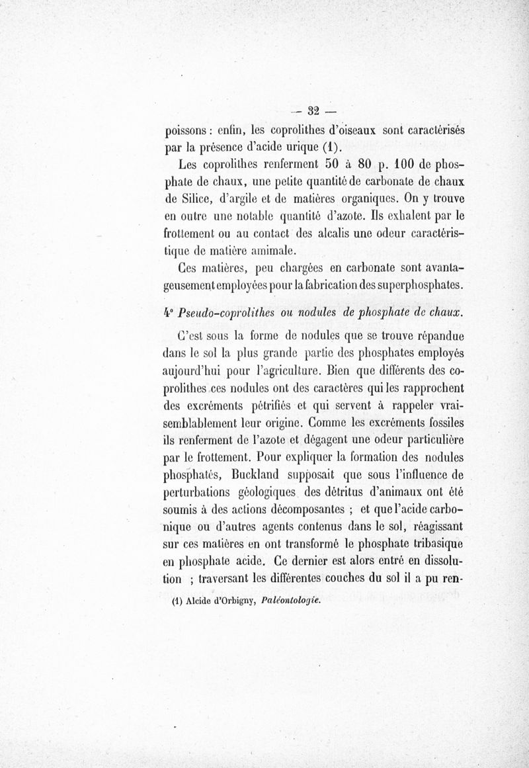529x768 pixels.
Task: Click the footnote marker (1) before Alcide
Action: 176,602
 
